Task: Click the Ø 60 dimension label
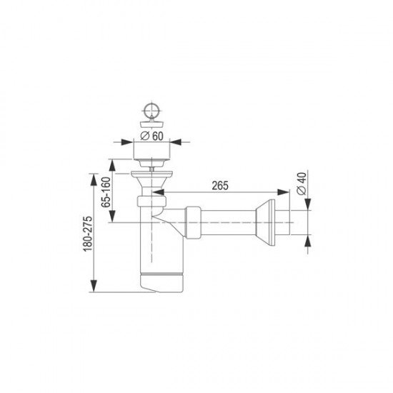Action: point(151,136)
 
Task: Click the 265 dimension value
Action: point(220,186)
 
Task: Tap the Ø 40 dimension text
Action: point(302,184)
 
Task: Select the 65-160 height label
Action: point(106,192)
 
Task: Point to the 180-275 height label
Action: point(88,234)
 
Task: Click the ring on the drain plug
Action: point(152,109)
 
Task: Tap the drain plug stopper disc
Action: point(152,124)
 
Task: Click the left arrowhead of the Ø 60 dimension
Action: point(126,142)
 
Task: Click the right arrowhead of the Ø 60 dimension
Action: point(176,142)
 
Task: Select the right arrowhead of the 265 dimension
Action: point(284,192)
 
